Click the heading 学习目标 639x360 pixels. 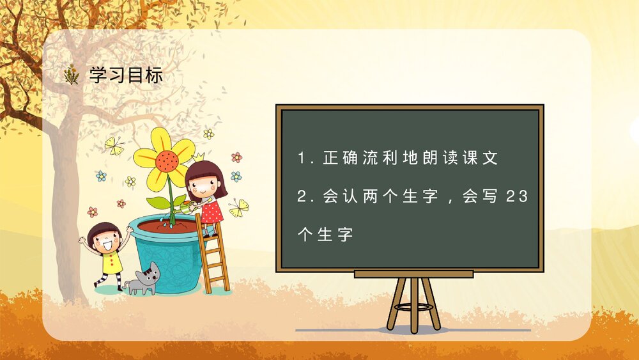[127, 75]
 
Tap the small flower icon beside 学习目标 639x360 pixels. [72, 75]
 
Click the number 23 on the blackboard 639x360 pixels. [516, 198]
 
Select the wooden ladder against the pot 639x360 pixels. [214, 256]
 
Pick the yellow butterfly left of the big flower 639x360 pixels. [114, 146]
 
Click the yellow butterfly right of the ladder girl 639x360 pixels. [240, 207]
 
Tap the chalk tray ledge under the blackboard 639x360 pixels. [413, 274]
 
